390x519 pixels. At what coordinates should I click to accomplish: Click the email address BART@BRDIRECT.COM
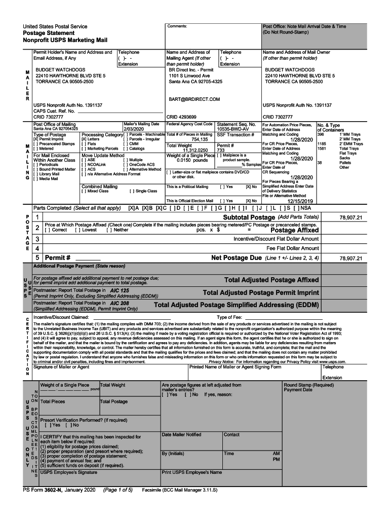tap(194, 99)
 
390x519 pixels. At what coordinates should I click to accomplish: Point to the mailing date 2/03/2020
tap(134, 129)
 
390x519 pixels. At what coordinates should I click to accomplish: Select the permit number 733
tap(221, 150)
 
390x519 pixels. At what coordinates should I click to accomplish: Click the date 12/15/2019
tap(301, 201)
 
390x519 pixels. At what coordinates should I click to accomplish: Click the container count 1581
tap(322, 149)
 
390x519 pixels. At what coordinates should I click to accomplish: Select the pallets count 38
tap(319, 163)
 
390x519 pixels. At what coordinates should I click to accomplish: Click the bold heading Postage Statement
tap(51, 33)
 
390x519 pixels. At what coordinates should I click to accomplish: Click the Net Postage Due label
tap(236, 258)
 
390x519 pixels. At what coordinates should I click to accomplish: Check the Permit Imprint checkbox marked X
tap(35, 139)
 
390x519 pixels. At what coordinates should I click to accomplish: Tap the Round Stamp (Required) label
tap(308, 385)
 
